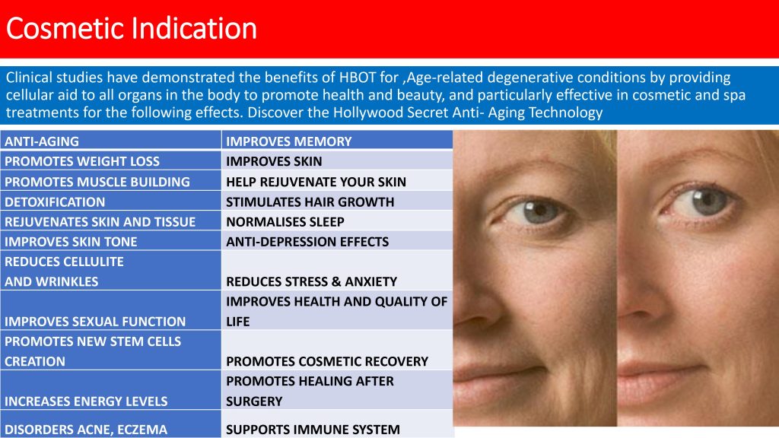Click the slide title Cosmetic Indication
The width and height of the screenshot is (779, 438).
pyautogui.click(x=131, y=28)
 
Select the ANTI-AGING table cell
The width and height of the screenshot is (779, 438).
pyautogui.click(x=111, y=141)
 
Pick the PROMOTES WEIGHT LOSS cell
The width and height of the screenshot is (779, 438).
pyautogui.click(x=111, y=160)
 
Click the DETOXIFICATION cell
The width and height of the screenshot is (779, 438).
pyautogui.click(x=111, y=201)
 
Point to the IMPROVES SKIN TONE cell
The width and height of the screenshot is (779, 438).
pyautogui.click(x=111, y=241)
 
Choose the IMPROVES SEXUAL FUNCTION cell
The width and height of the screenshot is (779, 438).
pyautogui.click(x=111, y=310)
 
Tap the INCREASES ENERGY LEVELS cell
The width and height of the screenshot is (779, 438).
pyautogui.click(x=111, y=390)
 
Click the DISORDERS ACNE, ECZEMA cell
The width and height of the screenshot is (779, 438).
pyautogui.click(x=111, y=424)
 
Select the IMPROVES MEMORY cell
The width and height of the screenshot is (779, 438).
pyautogui.click(x=337, y=141)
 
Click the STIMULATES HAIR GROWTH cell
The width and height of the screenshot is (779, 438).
pyautogui.click(x=337, y=201)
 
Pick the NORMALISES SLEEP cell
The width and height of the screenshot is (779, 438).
pyautogui.click(x=337, y=221)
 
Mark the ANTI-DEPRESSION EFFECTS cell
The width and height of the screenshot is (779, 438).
pyautogui.click(x=337, y=241)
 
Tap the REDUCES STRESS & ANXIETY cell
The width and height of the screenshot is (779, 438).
pyautogui.click(x=337, y=270)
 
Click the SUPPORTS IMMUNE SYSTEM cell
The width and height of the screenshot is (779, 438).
pyautogui.click(x=337, y=424)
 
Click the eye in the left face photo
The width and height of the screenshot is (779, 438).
pyautogui.click(x=536, y=212)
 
